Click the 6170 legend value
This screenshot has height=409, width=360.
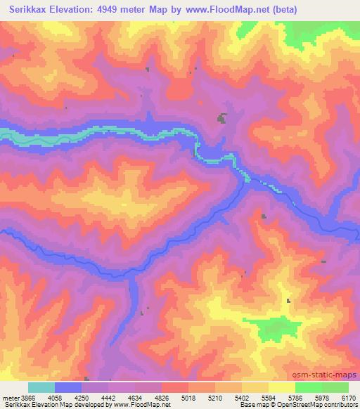click(348, 397)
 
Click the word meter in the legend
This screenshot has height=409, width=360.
click(10, 397)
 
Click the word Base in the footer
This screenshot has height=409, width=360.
click(246, 405)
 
